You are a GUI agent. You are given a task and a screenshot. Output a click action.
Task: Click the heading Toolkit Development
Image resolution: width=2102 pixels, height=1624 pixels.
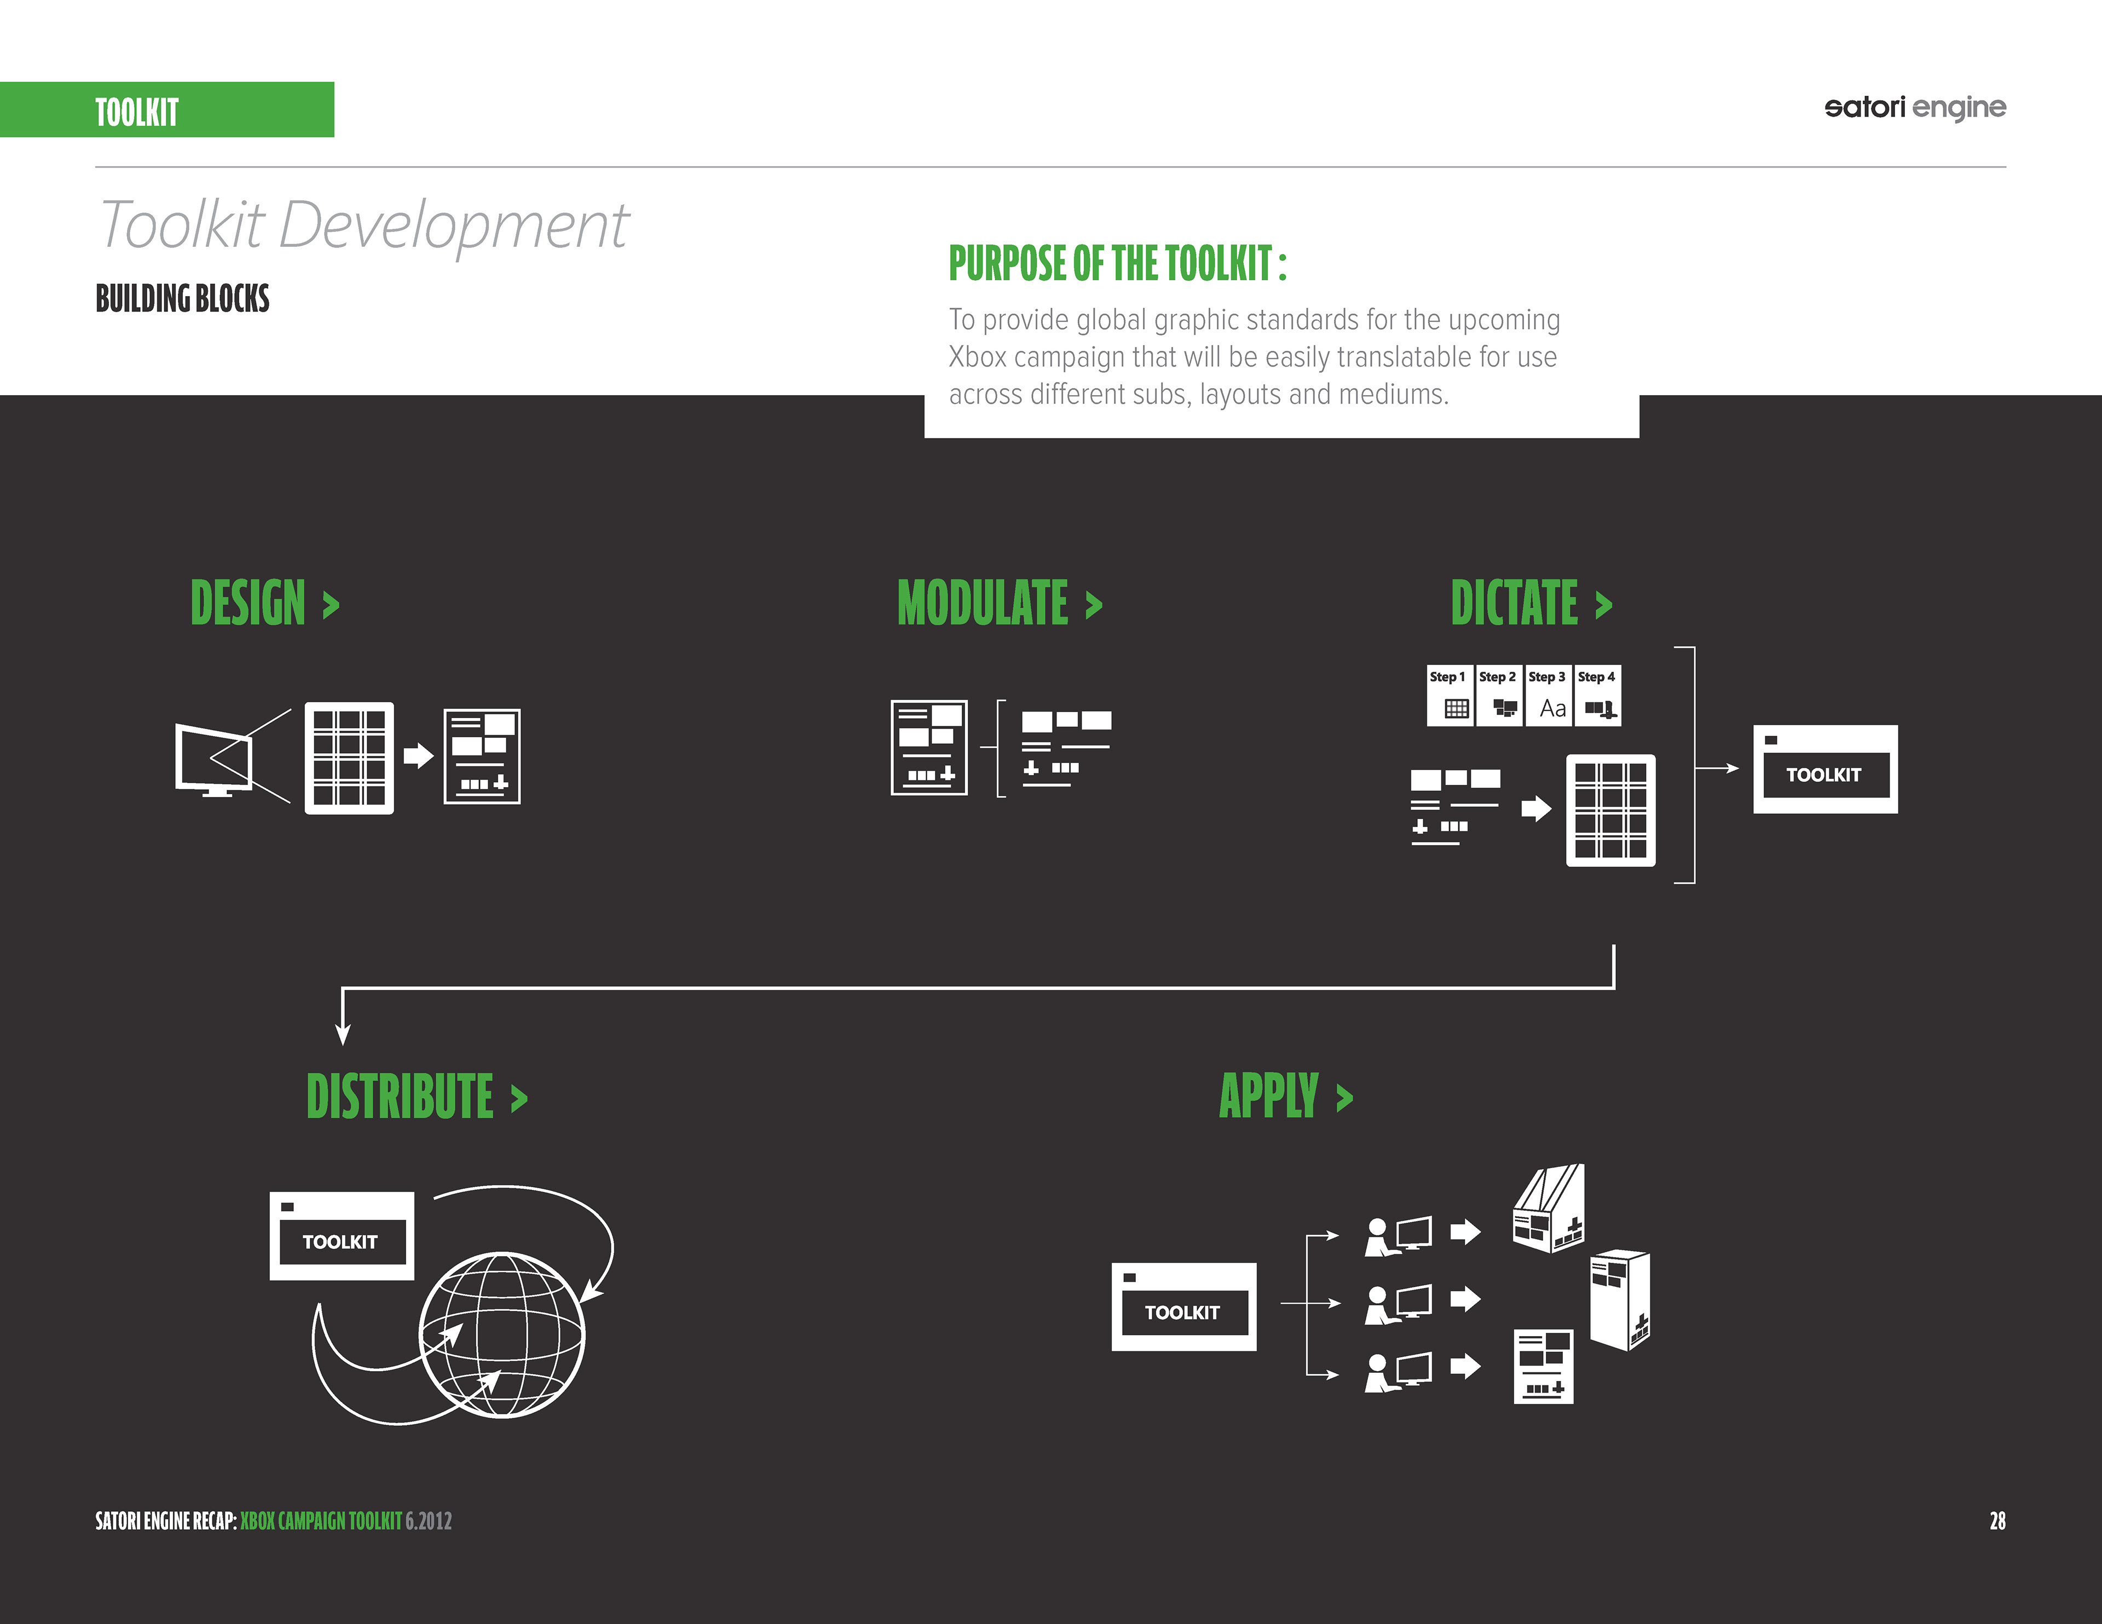tap(364, 226)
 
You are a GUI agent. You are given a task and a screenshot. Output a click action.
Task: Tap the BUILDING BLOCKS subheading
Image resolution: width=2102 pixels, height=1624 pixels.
tap(182, 298)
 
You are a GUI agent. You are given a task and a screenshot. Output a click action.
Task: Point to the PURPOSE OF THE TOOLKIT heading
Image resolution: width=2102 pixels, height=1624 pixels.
tap(1117, 264)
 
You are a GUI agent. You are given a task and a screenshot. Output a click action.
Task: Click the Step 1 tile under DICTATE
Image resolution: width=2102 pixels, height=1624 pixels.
tap(1450, 695)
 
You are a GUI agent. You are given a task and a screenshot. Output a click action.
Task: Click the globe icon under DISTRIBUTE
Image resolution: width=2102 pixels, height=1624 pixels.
tap(501, 1334)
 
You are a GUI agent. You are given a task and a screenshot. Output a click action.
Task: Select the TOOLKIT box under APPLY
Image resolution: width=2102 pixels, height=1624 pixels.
tap(1183, 1307)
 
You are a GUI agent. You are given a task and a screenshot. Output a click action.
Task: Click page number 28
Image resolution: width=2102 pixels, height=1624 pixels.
tap(1997, 1521)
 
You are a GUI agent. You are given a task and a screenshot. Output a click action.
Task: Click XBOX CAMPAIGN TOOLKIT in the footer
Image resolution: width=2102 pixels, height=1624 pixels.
tap(320, 1521)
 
